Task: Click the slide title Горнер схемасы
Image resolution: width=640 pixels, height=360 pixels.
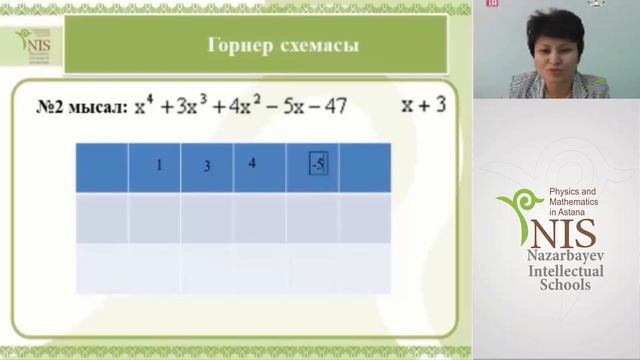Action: (282, 46)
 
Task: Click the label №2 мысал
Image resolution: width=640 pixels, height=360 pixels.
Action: (68, 106)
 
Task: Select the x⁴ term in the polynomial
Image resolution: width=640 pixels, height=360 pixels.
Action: (149, 104)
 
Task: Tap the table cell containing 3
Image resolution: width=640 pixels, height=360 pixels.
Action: (206, 167)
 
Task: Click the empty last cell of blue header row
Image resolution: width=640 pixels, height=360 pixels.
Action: (365, 167)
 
